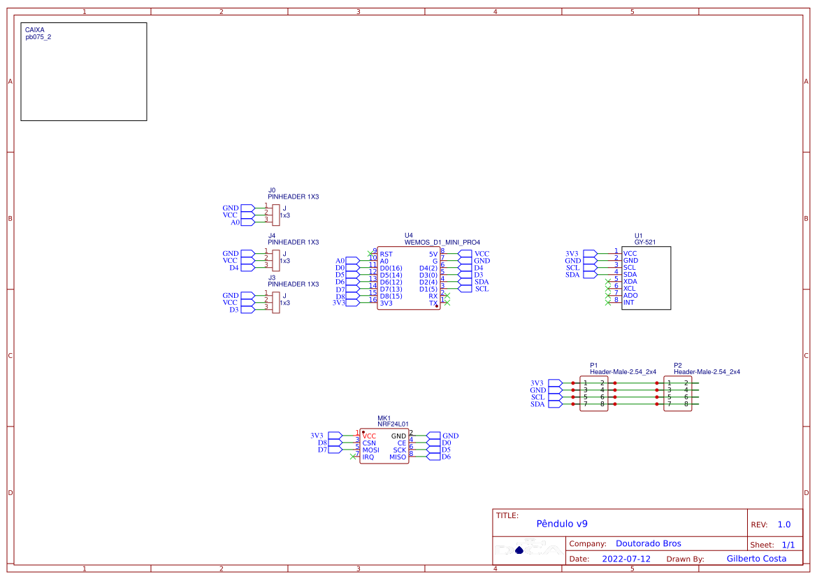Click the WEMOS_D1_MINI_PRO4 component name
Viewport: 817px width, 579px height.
[442, 242]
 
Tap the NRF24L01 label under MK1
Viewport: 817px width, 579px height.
[393, 424]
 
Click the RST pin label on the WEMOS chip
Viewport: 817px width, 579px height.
[386, 254]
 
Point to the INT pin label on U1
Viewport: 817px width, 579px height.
[629, 302]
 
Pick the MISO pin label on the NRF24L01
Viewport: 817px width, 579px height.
[398, 457]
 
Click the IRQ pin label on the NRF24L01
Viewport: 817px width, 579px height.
[368, 457]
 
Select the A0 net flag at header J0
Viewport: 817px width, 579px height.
[235, 222]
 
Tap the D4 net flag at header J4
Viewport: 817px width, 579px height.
[234, 267]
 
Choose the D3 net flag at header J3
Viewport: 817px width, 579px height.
[234, 310]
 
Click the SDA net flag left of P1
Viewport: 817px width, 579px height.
[537, 404]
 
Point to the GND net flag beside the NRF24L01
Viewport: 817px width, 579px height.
[450, 436]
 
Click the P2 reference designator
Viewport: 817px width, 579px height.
[677, 365]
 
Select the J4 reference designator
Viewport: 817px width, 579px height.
[272, 236]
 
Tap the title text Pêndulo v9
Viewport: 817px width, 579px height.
[561, 524]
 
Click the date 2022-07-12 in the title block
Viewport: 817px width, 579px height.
[626, 559]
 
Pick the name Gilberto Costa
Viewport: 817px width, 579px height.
[756, 559]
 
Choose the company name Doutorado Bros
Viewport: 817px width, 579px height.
[648, 543]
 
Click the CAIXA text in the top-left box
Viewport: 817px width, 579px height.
[35, 30]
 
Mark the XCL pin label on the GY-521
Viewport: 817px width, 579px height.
[630, 288]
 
